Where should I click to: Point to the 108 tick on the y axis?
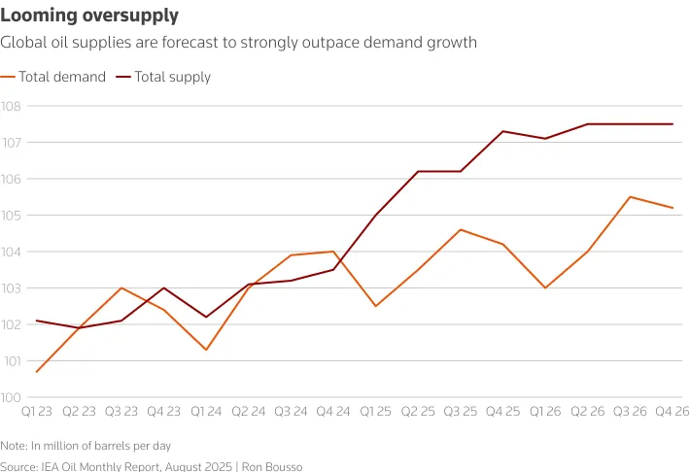(11, 106)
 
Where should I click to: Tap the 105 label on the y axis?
(11, 215)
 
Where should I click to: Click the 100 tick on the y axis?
(11, 397)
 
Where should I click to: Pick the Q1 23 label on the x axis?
(37, 413)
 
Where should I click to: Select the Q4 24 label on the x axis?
(333, 413)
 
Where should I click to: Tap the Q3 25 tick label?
(460, 413)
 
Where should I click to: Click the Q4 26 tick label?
(672, 413)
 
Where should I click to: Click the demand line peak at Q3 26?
(630, 197)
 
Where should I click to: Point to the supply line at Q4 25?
(502, 131)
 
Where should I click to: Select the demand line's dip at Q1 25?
(375, 306)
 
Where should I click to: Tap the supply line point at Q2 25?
(418, 171)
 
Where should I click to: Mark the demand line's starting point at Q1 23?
(37, 372)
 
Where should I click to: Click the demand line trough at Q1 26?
(545, 287)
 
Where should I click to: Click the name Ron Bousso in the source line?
(272, 467)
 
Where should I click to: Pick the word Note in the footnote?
(14, 445)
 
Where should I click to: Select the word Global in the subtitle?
(23, 43)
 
